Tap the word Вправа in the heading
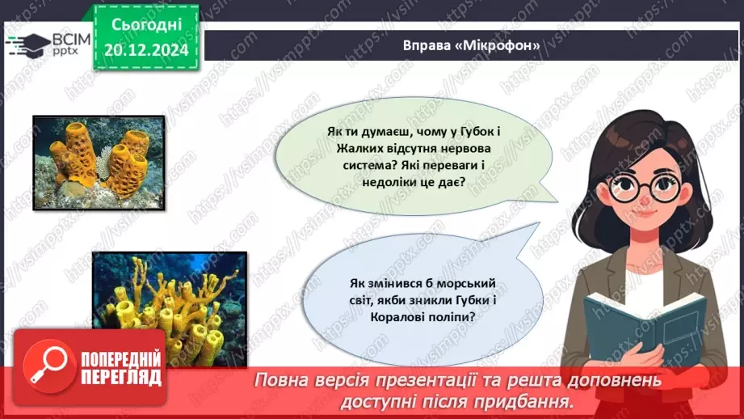click(426, 45)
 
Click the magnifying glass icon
click(45, 373)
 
